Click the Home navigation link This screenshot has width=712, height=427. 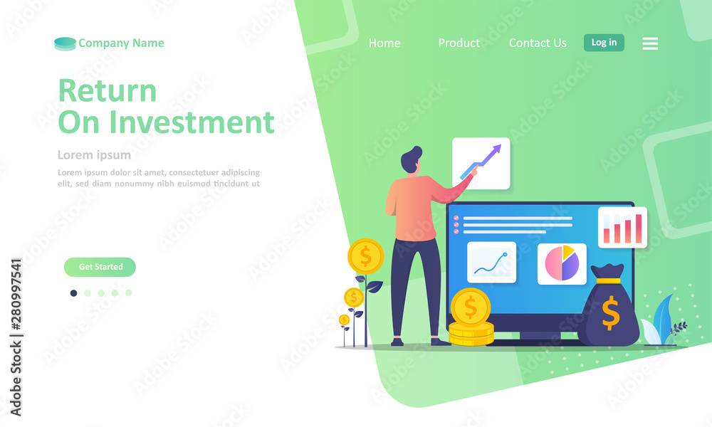point(384,43)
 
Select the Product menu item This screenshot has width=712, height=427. point(459,43)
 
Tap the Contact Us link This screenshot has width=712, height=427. point(538,43)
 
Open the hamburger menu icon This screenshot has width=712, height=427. point(650,43)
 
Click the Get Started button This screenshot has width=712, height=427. point(100,267)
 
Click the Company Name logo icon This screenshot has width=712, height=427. point(65,44)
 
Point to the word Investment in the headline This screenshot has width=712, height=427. point(192,122)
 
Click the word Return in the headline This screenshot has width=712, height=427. point(108,90)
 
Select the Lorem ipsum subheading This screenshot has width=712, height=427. point(94,155)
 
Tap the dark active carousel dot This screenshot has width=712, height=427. point(73,293)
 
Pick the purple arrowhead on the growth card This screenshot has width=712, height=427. point(497,149)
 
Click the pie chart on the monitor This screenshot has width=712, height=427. point(562,263)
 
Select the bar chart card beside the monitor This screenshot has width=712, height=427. point(622,227)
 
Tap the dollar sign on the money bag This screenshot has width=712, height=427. point(611,312)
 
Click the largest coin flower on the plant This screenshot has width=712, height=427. point(365,256)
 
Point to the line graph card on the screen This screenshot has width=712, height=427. point(491,263)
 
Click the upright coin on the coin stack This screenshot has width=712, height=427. point(471,307)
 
